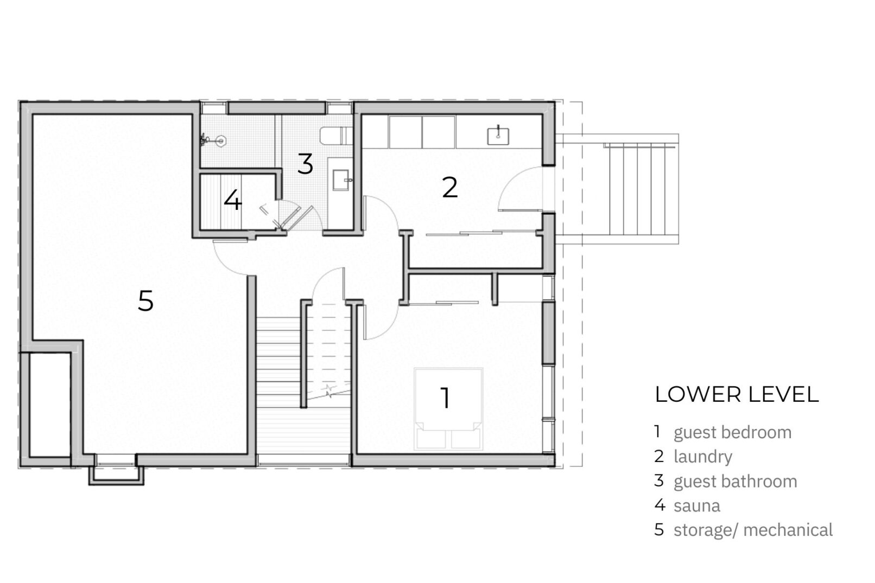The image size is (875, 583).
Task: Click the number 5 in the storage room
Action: click(x=145, y=301)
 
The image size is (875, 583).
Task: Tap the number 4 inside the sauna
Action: click(x=233, y=200)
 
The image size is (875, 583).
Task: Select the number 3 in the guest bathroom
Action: click(x=305, y=164)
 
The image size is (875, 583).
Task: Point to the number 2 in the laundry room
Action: click(x=449, y=188)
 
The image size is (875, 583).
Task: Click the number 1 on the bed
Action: click(x=445, y=398)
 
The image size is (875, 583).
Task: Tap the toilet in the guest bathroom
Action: click(x=336, y=136)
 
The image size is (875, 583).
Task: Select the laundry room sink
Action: click(x=498, y=136)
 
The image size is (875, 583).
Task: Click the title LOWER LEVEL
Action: click(x=737, y=394)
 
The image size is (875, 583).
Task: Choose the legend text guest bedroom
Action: click(x=732, y=433)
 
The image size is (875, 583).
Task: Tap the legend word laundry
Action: click(x=703, y=457)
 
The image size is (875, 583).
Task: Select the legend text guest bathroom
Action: click(x=735, y=481)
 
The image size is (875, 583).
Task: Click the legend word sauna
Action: click(x=697, y=506)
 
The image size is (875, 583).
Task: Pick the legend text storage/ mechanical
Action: click(x=753, y=530)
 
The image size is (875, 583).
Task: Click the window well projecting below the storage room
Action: click(x=116, y=475)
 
